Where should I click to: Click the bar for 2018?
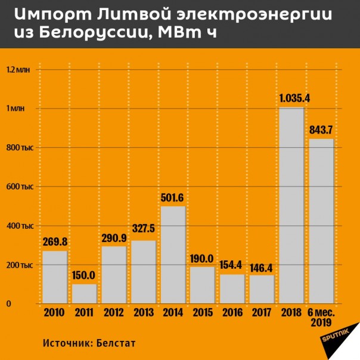coord(291,206)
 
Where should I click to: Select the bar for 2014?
coord(173,255)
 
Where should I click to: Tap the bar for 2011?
coord(84,294)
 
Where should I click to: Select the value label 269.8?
coord(55,241)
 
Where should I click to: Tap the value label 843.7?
coord(321,130)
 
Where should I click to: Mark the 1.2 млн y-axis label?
coord(18,70)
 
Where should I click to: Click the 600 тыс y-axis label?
coord(19,187)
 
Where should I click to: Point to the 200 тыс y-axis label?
coord(19,265)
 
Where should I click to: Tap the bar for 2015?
coord(203,285)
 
